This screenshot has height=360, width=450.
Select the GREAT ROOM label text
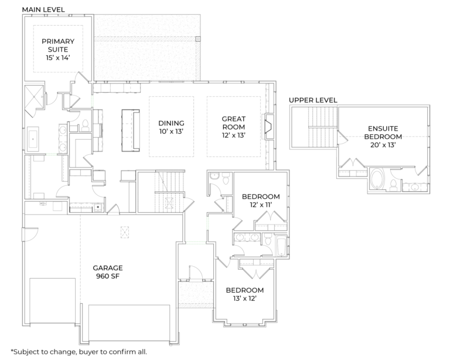tap(233, 127)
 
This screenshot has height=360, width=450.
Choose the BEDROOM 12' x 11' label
tap(261, 201)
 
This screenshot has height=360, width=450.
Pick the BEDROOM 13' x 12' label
tap(244, 294)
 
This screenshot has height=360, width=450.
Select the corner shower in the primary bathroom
tap(34, 96)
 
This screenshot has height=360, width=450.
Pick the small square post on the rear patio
tap(198, 39)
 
